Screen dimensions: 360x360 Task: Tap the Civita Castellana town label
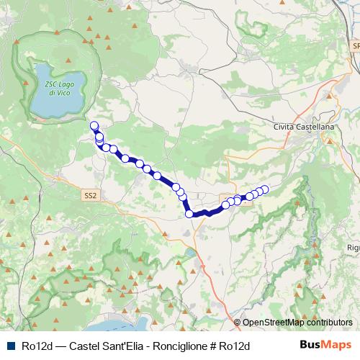pyautogui.click(x=305, y=127)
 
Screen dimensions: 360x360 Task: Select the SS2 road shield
pyautogui.click(x=90, y=195)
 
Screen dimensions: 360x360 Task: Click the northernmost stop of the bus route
pyautogui.click(x=94, y=126)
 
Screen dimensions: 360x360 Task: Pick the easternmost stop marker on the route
pyautogui.click(x=264, y=189)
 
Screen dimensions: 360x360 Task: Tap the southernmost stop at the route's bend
pyautogui.click(x=189, y=213)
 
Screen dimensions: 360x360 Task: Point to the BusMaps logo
pyautogui.click(x=325, y=345)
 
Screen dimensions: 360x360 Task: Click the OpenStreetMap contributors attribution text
pyautogui.click(x=297, y=323)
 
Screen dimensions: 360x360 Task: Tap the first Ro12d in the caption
pyautogui.click(x=37, y=346)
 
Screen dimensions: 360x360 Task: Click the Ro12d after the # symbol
pyautogui.click(x=233, y=346)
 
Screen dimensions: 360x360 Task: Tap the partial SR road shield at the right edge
pyautogui.click(x=356, y=45)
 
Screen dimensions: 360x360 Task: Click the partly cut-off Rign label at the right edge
pyautogui.click(x=353, y=248)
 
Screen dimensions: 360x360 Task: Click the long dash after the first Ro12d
pyautogui.click(x=60, y=346)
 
